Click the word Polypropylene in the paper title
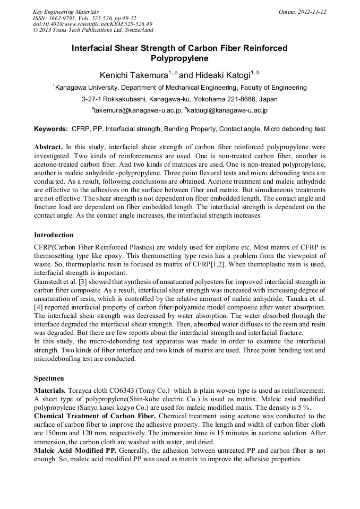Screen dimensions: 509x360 tap(179, 58)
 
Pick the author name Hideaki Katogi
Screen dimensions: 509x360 tap(222, 75)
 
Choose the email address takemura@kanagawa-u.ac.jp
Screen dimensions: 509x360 tap(138, 111)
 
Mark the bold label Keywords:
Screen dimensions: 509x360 tap(51, 129)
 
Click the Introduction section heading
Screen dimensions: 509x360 tap(54, 235)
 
